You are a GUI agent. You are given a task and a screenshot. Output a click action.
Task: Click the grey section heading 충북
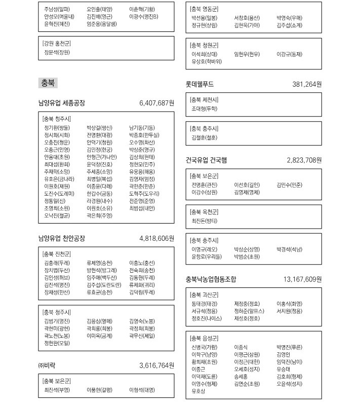49,83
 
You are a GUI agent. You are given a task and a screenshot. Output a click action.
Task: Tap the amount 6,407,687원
156,103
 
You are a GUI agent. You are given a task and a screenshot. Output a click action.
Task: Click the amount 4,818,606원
156,238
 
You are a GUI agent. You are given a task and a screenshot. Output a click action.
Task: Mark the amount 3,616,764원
156,365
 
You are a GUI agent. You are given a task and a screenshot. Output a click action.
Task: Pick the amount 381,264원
307,84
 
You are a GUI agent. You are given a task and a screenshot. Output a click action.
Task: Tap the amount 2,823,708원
304,160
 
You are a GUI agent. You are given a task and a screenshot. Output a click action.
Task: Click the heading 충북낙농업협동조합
211,279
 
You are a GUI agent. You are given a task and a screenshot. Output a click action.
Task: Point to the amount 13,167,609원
303,279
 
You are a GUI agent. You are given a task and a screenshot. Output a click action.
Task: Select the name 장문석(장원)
57,52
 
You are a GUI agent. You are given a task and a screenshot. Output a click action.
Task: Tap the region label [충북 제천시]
205,100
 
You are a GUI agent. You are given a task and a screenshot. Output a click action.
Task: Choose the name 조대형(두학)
205,108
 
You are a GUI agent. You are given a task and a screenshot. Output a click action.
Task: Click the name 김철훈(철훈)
205,137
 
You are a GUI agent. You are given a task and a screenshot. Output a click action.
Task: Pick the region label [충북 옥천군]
205,211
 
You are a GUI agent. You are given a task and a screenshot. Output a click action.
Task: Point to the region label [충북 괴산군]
205,295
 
